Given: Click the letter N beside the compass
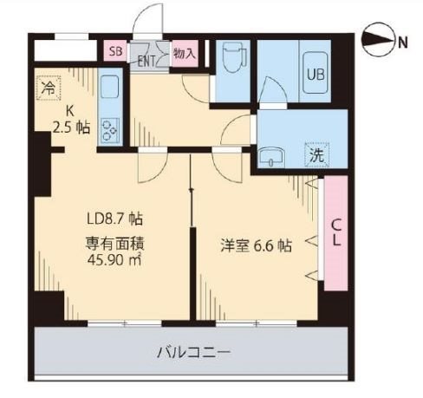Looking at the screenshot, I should coord(403,40).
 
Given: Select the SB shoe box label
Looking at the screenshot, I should coord(115,51).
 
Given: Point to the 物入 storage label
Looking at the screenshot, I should coord(184,52).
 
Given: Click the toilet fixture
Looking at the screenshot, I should coord(231,60).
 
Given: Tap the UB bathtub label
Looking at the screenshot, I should coord(316,73).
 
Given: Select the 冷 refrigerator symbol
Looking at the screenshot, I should coord(49,88).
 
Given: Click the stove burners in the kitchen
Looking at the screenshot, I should coord(110,129).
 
